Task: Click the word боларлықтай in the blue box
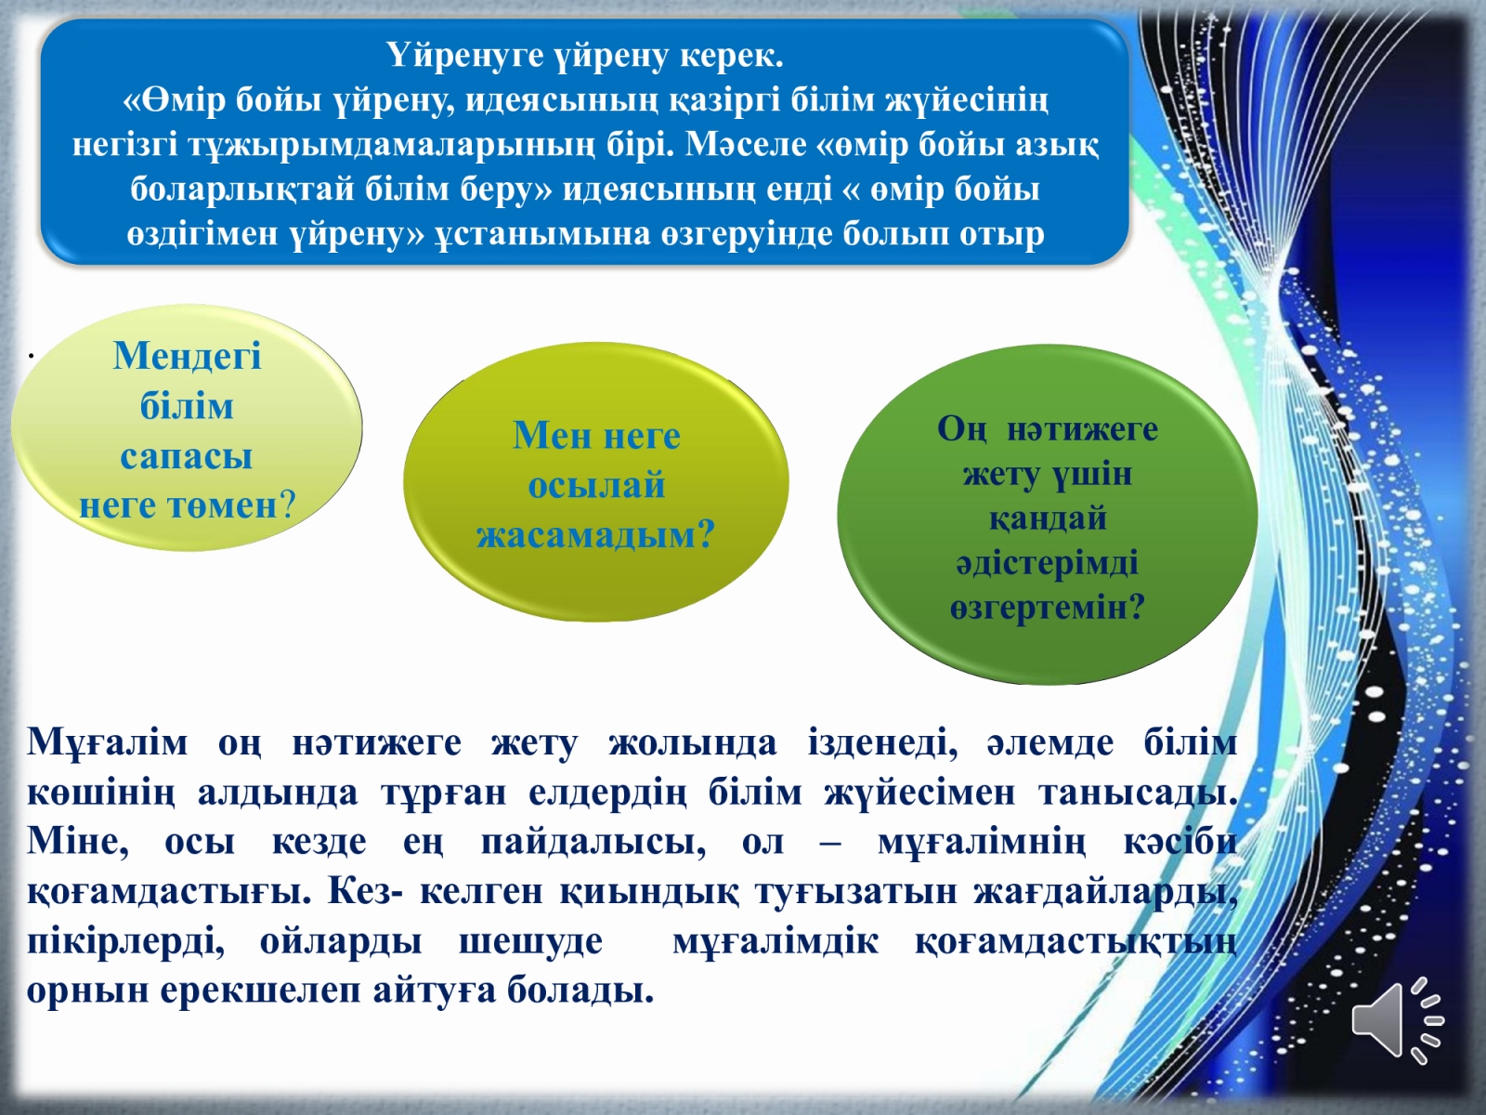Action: (x=241, y=190)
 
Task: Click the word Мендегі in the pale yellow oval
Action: (x=187, y=356)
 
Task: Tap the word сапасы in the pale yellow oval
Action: (x=186, y=457)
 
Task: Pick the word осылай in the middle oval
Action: (x=596, y=485)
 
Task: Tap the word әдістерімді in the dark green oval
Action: (x=1048, y=564)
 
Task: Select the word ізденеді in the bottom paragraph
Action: (x=883, y=743)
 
